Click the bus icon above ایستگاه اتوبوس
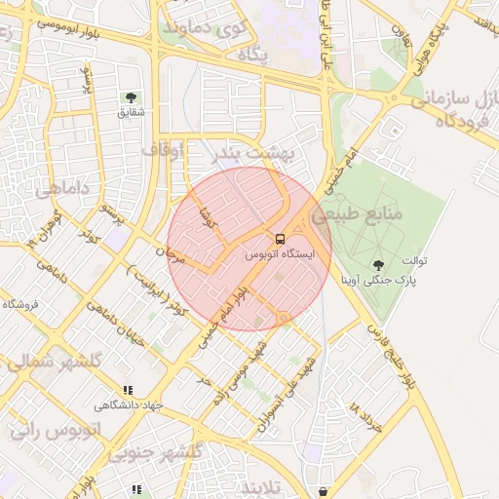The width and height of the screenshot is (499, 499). pos(280,239)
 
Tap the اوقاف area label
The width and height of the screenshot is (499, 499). pos(162,150)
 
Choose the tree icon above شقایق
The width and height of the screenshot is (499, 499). pos(130,96)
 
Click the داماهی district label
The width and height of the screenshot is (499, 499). pos(62,190)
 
